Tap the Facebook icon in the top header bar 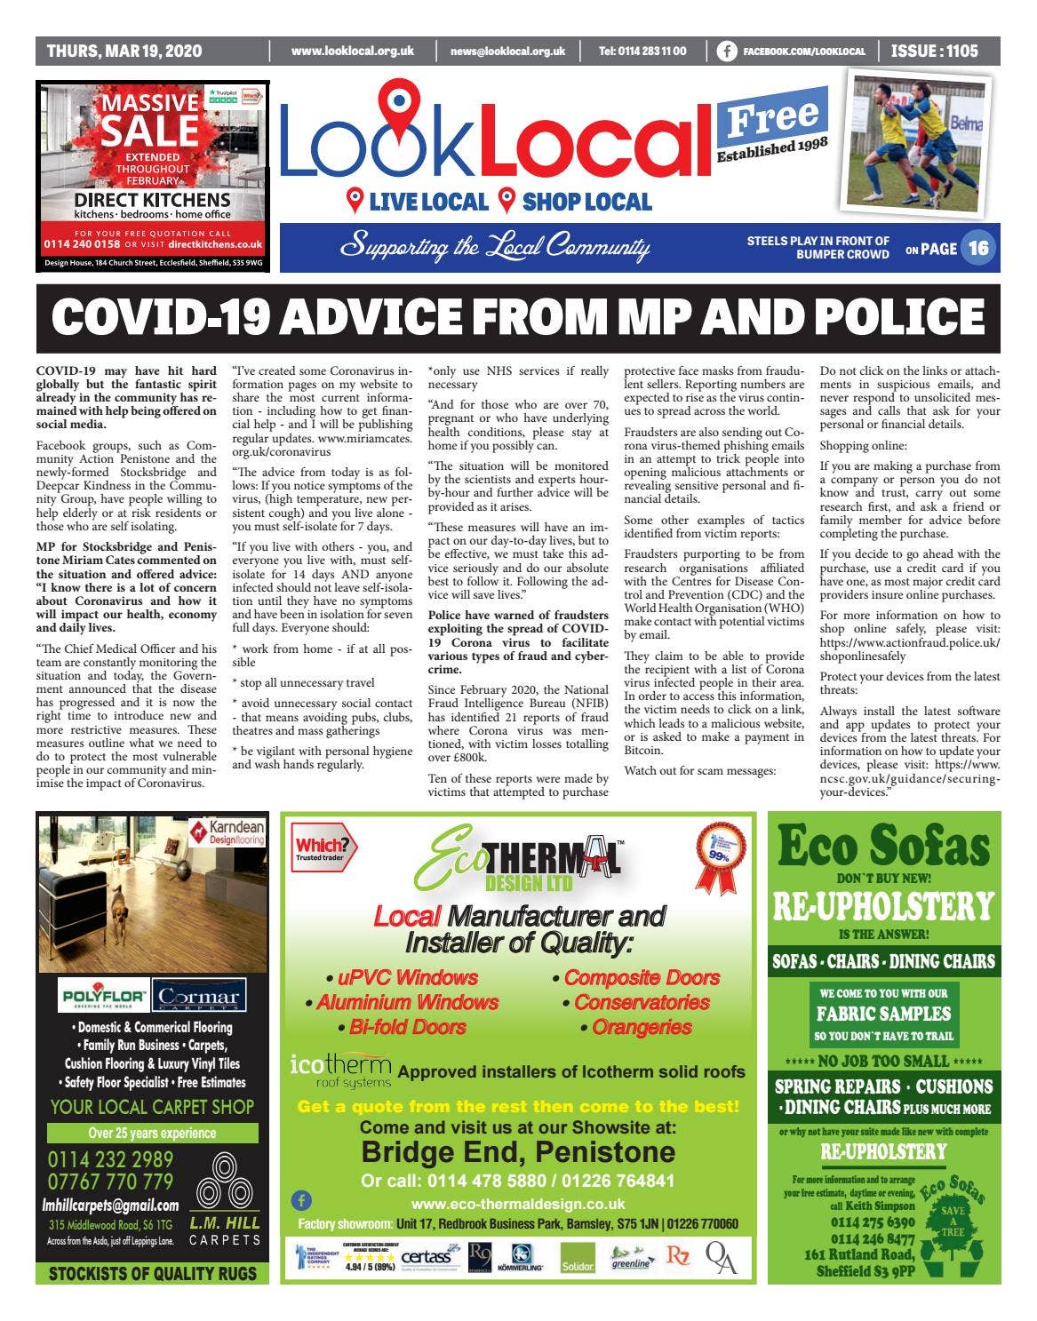726,52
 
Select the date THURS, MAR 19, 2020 124,52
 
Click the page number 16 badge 977,248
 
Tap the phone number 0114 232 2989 110,1159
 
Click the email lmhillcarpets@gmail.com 110,1206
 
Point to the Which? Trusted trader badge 323,849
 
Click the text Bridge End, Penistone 518,1152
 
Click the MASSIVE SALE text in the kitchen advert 149,119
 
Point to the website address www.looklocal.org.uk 353,52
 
